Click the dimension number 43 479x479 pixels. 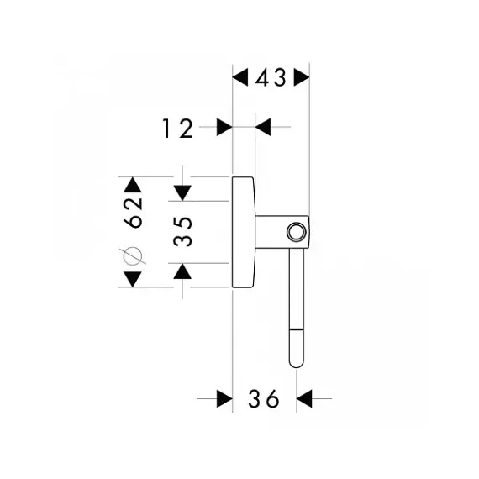(271, 77)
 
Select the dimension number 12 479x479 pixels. (177, 129)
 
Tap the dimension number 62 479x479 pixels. (133, 213)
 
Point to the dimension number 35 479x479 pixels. (182, 232)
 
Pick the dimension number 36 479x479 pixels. (264, 398)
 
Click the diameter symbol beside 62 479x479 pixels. (133, 256)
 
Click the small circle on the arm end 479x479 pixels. (296, 232)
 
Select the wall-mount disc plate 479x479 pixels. (244, 232)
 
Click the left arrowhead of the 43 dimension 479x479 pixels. (240, 77)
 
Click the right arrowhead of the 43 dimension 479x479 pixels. (302, 77)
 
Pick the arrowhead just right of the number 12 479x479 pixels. (224, 127)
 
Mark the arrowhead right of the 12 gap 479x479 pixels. (263, 127)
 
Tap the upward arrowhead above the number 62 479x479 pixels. (133, 185)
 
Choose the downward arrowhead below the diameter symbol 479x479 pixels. (133, 279)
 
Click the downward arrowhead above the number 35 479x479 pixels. (182, 193)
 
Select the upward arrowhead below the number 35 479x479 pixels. (182, 271)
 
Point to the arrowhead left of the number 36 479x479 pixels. (224, 398)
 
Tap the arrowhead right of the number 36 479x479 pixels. (304, 398)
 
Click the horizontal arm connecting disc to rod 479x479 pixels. (272, 232)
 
